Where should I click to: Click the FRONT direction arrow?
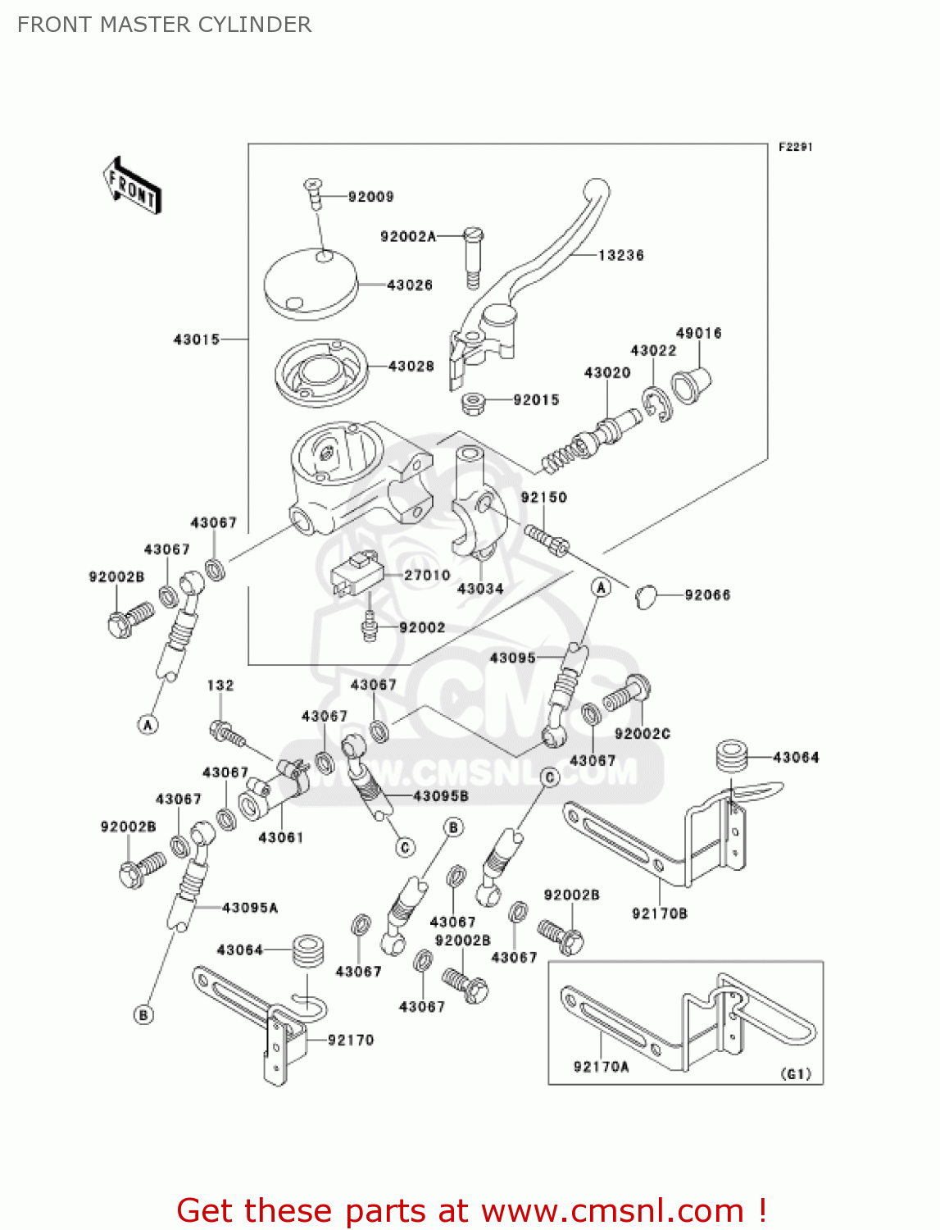132,186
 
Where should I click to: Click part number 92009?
370,197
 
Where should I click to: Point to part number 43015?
196,339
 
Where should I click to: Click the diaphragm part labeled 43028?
320,373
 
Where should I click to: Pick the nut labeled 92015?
473,403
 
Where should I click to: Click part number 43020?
606,373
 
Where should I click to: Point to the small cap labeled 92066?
646,596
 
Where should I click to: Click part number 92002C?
642,734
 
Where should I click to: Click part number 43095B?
441,795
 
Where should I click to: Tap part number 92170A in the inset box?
601,1067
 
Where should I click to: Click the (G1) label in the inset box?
796,1074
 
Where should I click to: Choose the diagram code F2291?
795,147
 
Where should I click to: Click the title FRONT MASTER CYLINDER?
164,25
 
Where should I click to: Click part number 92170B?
659,913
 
